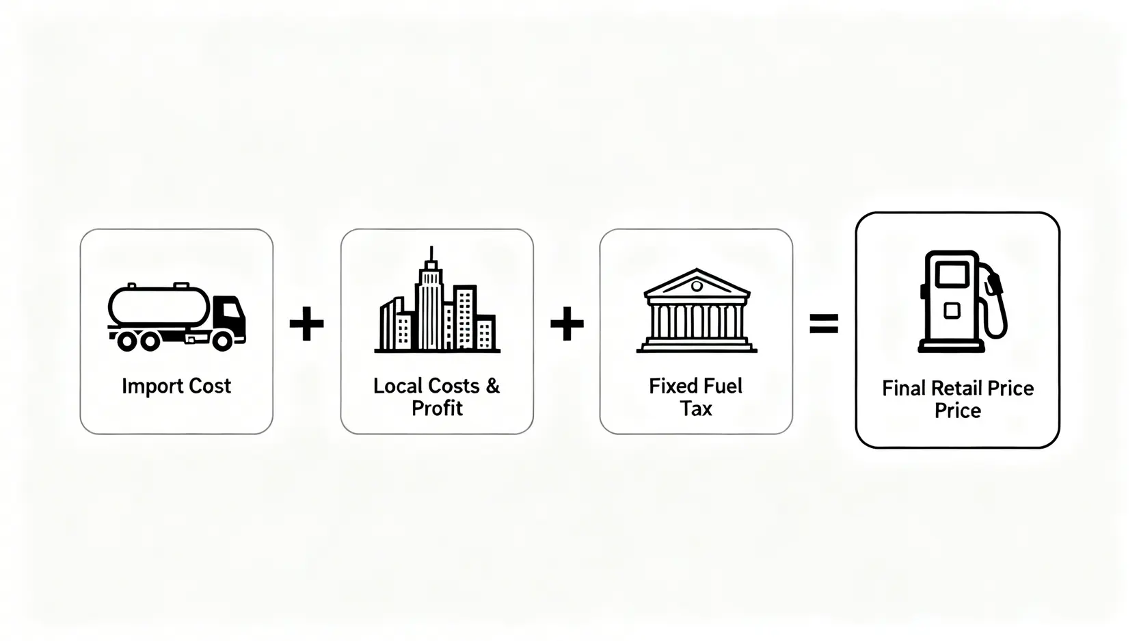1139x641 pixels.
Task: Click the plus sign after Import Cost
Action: tap(306, 323)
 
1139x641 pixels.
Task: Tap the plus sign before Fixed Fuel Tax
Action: tap(567, 323)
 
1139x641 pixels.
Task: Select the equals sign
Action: tap(824, 324)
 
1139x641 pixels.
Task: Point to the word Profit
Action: tap(438, 408)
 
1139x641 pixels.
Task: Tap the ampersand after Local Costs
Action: tap(492, 386)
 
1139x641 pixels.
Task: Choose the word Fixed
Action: tap(671, 386)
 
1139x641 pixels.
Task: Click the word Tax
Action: tap(696, 408)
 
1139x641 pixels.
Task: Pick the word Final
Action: tap(904, 389)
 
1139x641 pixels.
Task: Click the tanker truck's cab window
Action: tap(231, 309)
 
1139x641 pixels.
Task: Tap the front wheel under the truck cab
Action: tap(222, 341)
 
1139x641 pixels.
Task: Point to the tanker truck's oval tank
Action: tap(159, 306)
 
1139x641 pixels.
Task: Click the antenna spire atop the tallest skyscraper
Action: tap(431, 254)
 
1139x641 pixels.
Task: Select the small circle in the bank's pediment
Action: tap(697, 287)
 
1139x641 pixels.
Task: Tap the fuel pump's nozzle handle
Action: tap(994, 284)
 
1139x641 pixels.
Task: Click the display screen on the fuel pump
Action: tap(952, 275)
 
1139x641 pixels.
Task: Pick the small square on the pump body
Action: tap(952, 311)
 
